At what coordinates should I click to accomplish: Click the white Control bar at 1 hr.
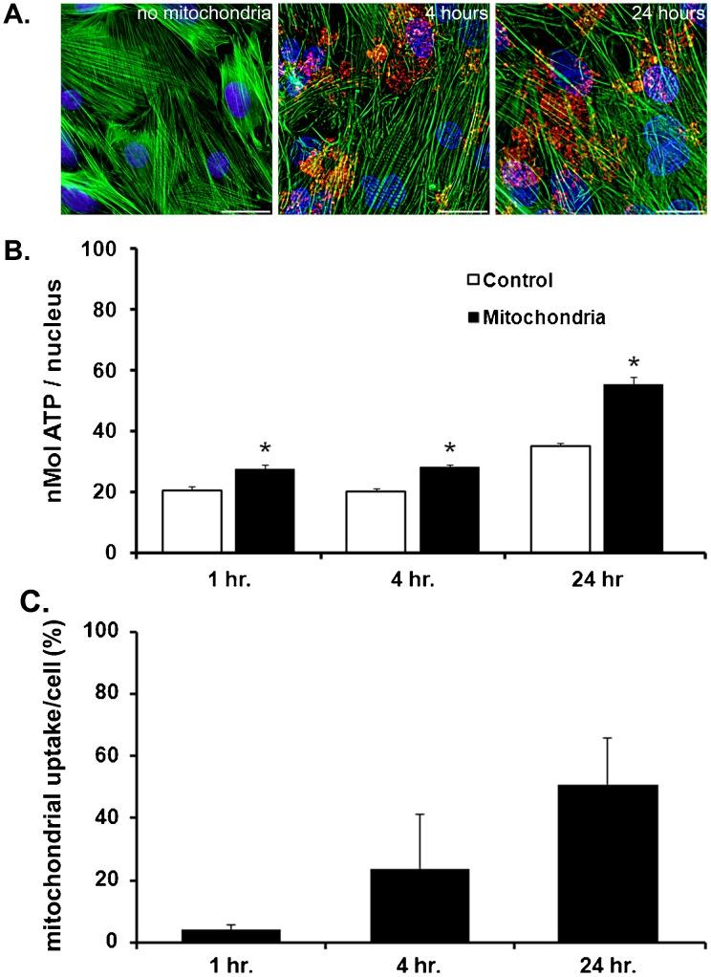click(192, 521)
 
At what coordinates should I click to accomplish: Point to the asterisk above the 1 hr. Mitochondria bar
click(265, 450)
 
